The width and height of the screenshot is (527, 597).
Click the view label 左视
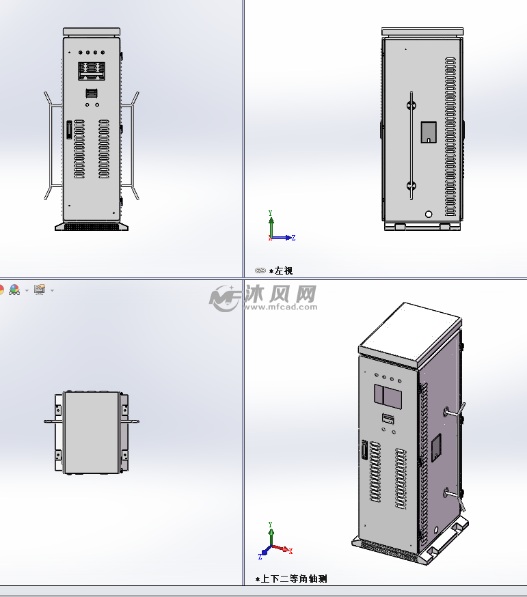click(x=284, y=271)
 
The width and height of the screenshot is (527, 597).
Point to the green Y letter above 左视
click(x=271, y=212)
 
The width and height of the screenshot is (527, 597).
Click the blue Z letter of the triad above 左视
click(x=293, y=238)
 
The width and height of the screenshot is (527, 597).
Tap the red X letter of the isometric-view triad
click(x=290, y=551)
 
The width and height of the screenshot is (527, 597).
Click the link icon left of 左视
click(x=260, y=271)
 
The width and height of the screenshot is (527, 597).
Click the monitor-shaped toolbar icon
click(x=39, y=290)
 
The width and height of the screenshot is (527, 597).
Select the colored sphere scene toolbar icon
click(x=14, y=290)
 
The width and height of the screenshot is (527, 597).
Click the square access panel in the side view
click(x=429, y=132)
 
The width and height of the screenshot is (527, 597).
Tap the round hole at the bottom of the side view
click(x=429, y=214)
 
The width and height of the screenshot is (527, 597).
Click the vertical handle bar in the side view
click(x=411, y=145)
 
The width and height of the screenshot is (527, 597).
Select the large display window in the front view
click(x=91, y=72)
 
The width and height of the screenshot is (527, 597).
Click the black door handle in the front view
click(x=69, y=129)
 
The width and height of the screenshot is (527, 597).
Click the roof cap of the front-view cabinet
click(x=92, y=31)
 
